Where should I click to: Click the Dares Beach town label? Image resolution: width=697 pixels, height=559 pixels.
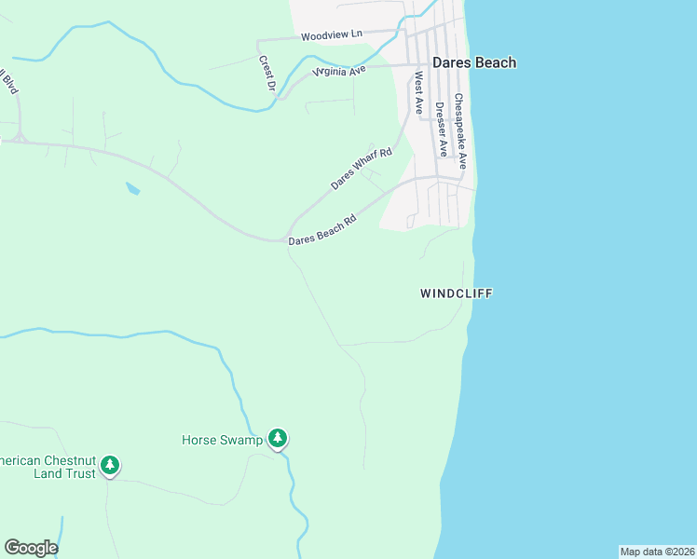point(473,62)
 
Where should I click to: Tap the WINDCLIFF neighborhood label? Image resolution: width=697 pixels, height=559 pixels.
point(456,293)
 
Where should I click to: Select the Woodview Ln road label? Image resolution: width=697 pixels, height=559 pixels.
point(331,35)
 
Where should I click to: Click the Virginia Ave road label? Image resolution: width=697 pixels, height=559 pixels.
point(341,69)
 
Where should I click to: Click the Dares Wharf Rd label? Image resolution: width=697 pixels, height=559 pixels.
point(362,169)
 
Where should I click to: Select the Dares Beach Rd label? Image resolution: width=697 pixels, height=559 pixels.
point(322,232)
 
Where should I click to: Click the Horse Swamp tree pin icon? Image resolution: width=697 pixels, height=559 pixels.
point(277,437)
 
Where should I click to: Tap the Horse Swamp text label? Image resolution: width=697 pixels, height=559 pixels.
point(222,440)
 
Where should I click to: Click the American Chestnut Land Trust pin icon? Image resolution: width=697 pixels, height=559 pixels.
point(110,464)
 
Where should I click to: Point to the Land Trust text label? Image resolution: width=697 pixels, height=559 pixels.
point(47,473)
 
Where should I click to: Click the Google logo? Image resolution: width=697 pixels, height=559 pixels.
point(31,548)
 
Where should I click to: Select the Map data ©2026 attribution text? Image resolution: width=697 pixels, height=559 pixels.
point(657,552)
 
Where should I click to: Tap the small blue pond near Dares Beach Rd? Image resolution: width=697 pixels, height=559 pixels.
point(132,188)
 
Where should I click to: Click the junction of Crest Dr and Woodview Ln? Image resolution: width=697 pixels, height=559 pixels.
point(258,41)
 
